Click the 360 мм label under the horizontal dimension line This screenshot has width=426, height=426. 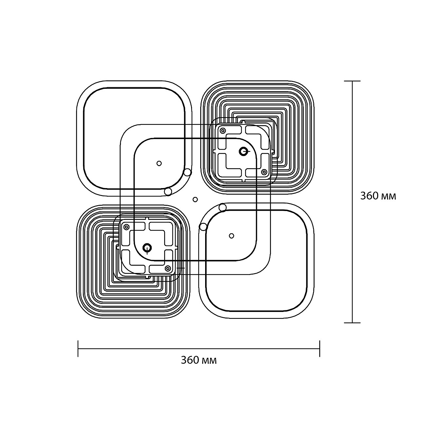(199, 360)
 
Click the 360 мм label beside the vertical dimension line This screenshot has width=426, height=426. (378, 196)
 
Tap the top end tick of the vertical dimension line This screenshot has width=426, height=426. (352, 81)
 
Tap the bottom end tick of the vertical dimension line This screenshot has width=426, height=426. (352, 322)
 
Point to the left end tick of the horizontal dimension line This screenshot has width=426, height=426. (78, 349)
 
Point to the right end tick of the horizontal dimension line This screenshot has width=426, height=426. (319, 349)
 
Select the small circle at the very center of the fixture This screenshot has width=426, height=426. (195, 199)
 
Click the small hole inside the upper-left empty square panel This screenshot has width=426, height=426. (159, 163)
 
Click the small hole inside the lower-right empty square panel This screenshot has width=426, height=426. (232, 236)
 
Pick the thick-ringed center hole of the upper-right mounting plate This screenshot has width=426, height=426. (243, 151)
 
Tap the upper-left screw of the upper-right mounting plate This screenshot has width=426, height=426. (223, 131)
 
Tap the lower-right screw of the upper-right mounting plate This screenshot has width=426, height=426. (264, 172)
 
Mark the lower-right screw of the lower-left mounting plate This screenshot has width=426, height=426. (168, 268)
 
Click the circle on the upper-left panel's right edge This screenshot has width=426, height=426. (187, 172)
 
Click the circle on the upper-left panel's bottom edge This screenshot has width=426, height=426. (168, 191)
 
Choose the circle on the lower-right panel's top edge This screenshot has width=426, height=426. (223, 207)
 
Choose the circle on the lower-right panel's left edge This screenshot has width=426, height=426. (203, 226)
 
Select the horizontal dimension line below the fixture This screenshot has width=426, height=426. (199, 349)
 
